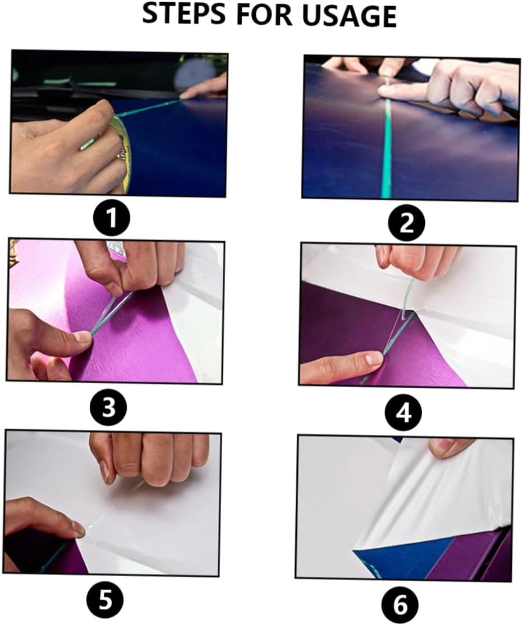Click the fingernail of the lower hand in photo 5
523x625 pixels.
pyautogui.click(x=77, y=528)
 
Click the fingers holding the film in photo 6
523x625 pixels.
pyautogui.click(x=449, y=447)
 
